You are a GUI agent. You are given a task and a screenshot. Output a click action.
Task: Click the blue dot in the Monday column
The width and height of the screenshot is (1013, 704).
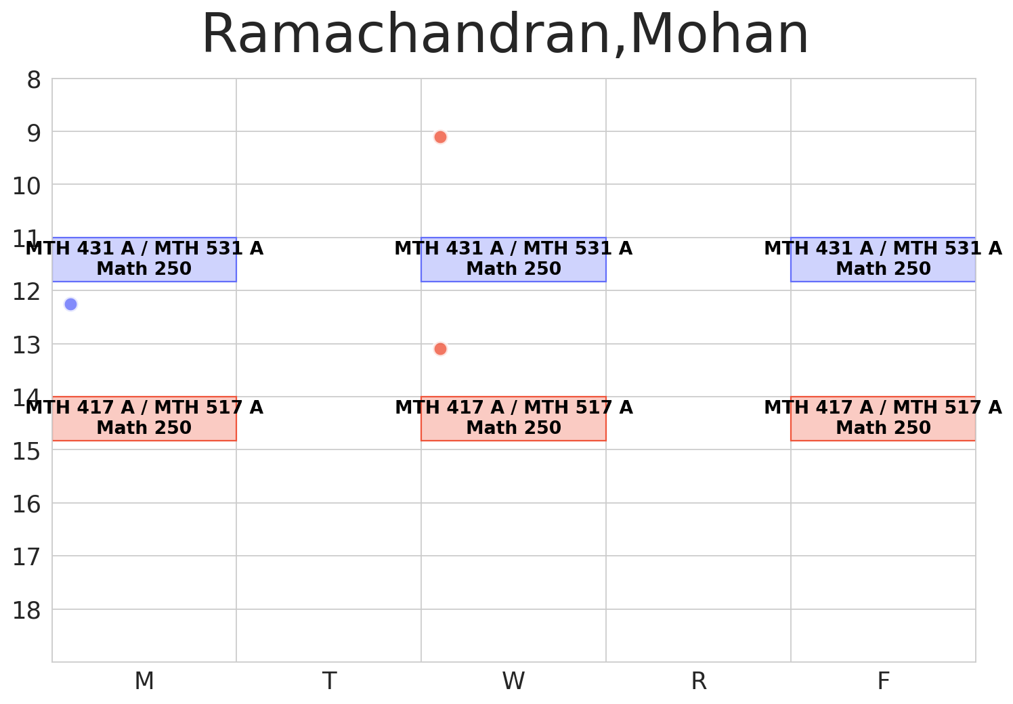pos(70,304)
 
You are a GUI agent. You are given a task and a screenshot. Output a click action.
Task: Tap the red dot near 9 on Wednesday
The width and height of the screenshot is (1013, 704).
pos(440,137)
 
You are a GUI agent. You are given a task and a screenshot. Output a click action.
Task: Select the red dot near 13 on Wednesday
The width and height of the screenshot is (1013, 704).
pos(440,349)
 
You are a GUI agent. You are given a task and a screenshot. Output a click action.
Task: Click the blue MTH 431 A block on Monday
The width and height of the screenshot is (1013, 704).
pos(144,259)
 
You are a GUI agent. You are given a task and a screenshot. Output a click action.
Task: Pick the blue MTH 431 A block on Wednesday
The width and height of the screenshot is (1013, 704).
pos(513,259)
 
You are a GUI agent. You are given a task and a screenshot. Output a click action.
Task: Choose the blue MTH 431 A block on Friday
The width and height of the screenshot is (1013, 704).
pos(883,259)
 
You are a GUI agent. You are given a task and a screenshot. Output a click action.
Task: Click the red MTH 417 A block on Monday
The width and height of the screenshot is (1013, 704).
pos(144,418)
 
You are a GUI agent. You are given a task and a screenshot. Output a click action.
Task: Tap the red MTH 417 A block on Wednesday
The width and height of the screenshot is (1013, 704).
pos(513,418)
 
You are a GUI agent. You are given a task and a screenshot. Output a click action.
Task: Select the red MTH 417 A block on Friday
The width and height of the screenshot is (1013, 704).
pos(883,418)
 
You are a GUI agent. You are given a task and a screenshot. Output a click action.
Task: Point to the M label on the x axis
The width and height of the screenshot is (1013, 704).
pos(144,681)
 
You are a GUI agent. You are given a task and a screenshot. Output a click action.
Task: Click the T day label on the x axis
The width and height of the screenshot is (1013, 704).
pos(329,681)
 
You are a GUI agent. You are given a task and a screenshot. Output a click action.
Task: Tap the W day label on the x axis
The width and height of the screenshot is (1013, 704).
pos(513,681)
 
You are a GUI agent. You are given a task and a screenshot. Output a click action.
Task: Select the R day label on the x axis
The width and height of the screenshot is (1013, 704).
pos(699,681)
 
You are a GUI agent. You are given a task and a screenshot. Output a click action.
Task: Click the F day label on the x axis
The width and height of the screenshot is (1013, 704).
pos(883,681)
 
